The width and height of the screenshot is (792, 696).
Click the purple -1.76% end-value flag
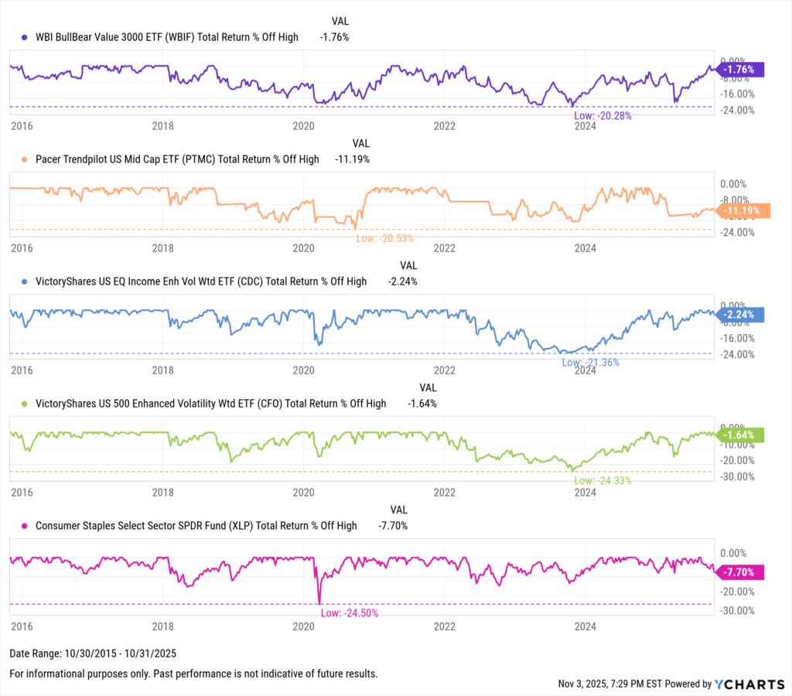[741, 70]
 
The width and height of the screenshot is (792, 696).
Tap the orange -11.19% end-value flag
[741, 210]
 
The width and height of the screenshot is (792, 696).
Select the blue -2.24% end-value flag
[741, 314]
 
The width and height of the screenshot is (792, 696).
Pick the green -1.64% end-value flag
[741, 435]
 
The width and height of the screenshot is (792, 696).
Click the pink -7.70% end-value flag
[741, 572]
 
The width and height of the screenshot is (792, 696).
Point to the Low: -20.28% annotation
[603, 116]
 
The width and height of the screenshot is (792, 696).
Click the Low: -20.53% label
[384, 238]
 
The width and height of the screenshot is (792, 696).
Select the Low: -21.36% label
[590, 362]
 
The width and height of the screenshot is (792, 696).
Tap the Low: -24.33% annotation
[603, 480]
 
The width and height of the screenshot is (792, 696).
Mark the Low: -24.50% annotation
[350, 612]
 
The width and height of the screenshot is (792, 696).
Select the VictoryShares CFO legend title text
[210, 404]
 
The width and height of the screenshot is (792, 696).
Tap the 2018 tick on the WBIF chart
[162, 125]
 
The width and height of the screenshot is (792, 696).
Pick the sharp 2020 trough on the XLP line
[319, 602]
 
